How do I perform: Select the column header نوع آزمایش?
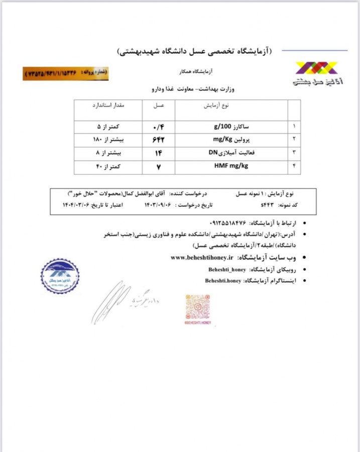tap(216, 106)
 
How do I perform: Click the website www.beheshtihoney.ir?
tap(201, 258)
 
